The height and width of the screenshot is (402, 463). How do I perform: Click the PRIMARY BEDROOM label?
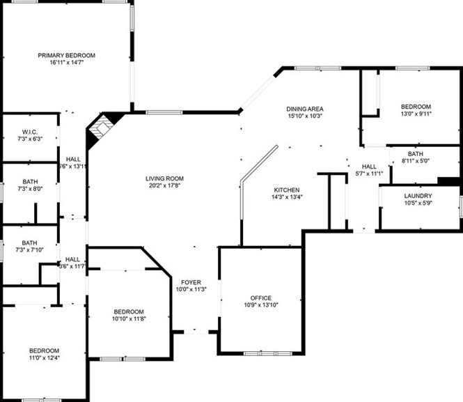67,55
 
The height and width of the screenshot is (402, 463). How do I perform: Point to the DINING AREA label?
305,109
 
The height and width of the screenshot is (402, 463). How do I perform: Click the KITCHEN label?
286,190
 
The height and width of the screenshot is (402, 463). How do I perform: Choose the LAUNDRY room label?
418,196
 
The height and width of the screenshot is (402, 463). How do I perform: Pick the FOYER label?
191,282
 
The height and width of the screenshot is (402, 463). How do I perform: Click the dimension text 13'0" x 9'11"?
416,114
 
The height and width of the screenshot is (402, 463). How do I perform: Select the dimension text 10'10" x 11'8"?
129,318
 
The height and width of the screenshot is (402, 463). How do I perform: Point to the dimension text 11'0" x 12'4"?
43,358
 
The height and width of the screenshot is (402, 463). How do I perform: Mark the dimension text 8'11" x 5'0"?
416,162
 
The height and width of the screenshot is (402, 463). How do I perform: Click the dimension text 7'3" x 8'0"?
29,189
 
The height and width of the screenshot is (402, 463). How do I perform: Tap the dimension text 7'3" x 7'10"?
29,250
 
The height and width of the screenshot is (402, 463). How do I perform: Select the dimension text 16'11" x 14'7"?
67,63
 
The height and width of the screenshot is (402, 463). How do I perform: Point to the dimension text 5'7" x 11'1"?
369,173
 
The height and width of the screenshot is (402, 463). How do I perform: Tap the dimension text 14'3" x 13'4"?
286,197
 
